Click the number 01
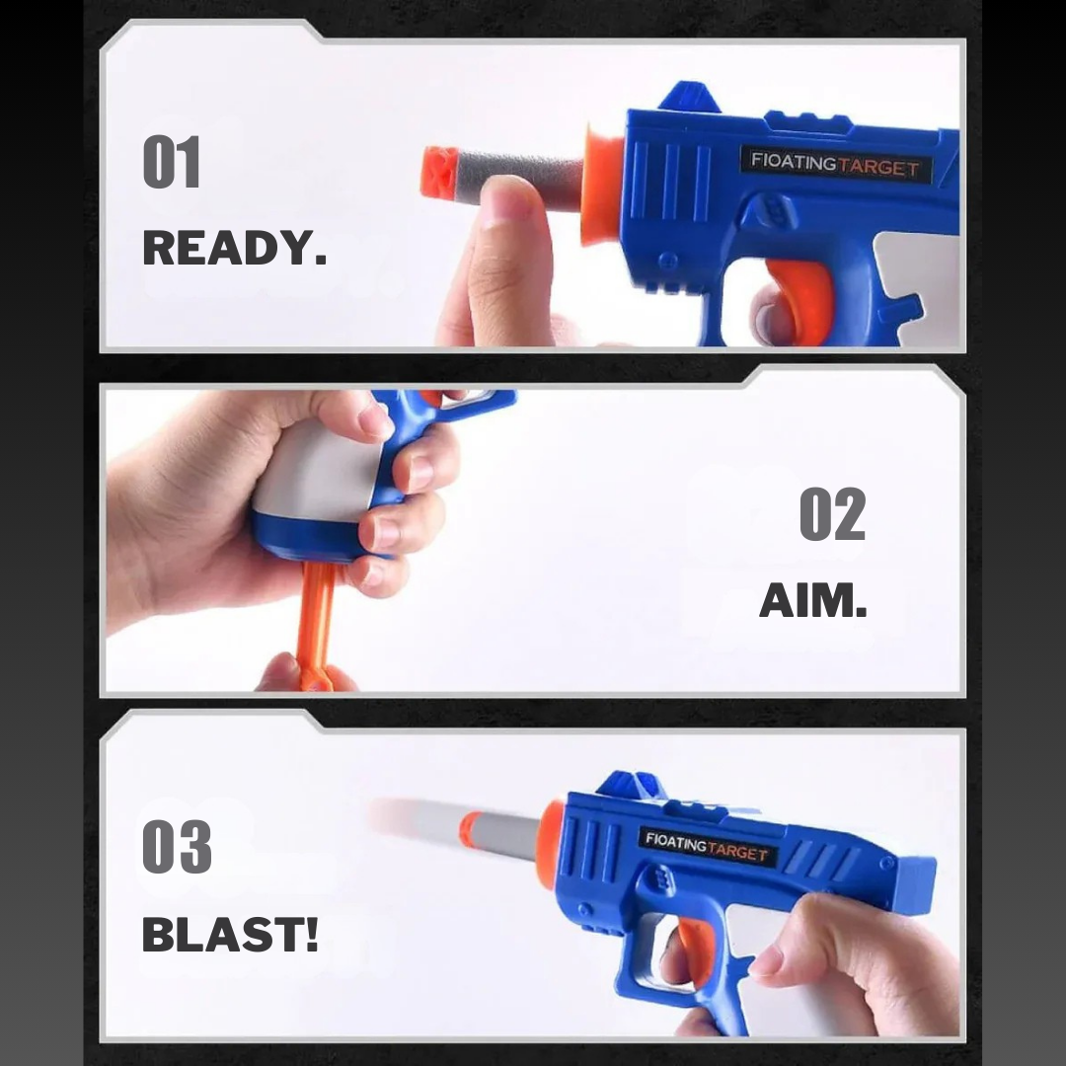[172, 163]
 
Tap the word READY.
[234, 249]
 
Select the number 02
[831, 515]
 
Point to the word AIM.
[812, 599]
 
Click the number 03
[177, 847]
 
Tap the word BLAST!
[230, 934]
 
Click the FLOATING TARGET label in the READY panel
[834, 164]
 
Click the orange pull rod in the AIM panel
[316, 622]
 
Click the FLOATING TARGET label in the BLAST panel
[707, 847]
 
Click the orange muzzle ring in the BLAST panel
[551, 829]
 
